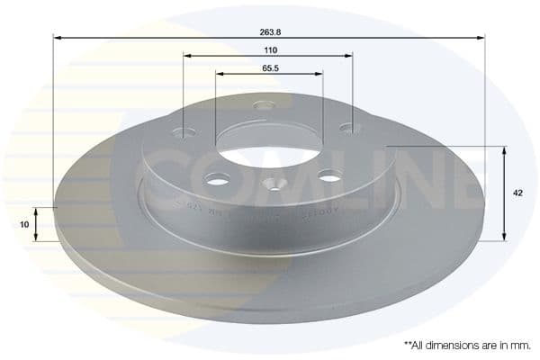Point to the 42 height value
(x=517, y=193)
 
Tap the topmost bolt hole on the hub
(x=264, y=105)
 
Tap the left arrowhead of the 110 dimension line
(x=186, y=55)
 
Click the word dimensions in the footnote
(x=448, y=345)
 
